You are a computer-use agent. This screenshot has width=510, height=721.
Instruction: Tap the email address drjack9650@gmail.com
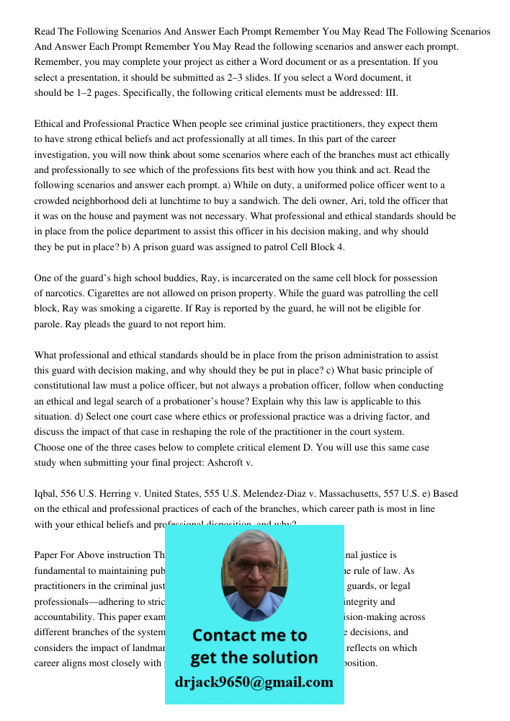254,682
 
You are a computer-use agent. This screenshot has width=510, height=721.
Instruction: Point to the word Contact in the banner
225,635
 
